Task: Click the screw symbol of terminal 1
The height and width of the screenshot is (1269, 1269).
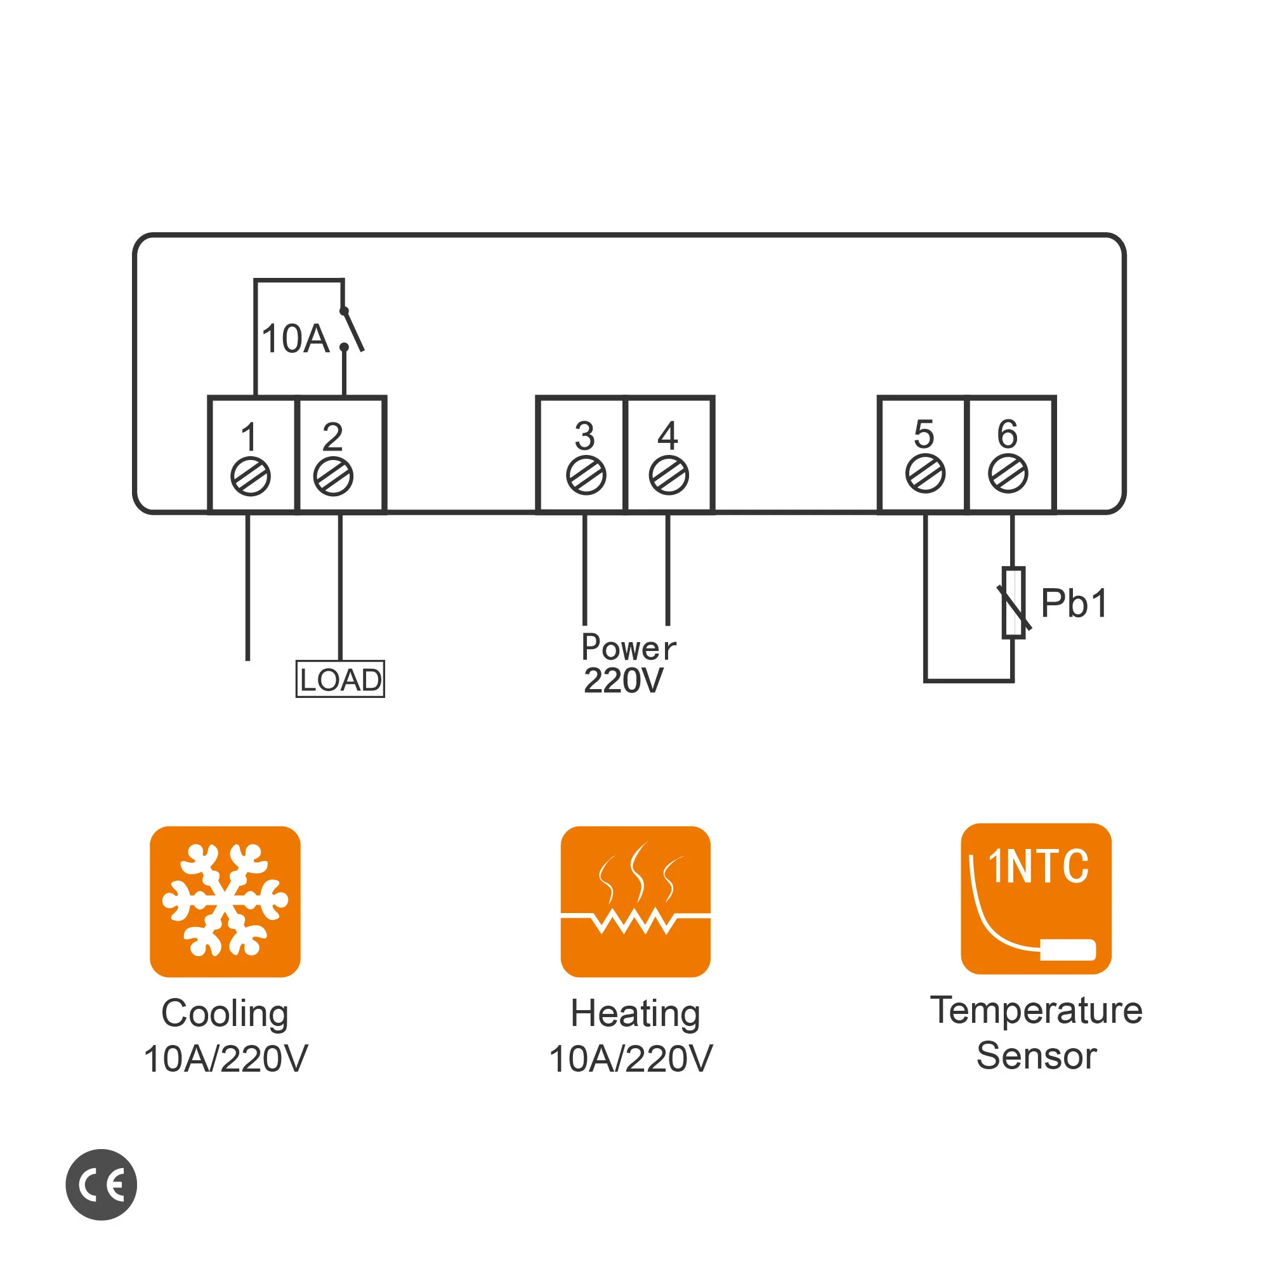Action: (x=250, y=477)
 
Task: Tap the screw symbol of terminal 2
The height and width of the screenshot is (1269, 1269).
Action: (x=333, y=477)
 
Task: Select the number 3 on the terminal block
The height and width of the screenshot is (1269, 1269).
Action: (x=584, y=435)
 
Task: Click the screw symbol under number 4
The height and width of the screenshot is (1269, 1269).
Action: (x=669, y=475)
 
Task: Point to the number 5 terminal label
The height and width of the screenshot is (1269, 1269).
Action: (x=924, y=434)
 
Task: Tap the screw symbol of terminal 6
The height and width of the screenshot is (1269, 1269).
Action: (x=1008, y=473)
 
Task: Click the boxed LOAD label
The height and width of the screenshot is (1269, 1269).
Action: (x=340, y=679)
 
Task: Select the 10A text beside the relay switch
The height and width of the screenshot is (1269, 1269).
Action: (x=295, y=339)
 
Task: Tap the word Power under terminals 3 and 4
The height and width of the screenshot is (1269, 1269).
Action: (x=629, y=648)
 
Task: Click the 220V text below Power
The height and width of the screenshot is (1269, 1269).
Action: (x=623, y=680)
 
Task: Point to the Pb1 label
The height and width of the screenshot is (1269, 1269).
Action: (x=1075, y=603)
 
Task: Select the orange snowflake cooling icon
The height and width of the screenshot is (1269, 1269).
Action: (x=225, y=902)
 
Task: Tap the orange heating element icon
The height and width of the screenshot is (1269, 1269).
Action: (x=635, y=902)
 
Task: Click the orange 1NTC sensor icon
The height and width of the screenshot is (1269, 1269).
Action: (x=1036, y=898)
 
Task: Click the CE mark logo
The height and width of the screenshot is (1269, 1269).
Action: (x=101, y=1185)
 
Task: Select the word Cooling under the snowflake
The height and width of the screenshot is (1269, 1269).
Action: (x=225, y=1013)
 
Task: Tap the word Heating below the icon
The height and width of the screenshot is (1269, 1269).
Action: (x=635, y=1013)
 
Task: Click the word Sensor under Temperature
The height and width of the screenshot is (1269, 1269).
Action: (x=1036, y=1056)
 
